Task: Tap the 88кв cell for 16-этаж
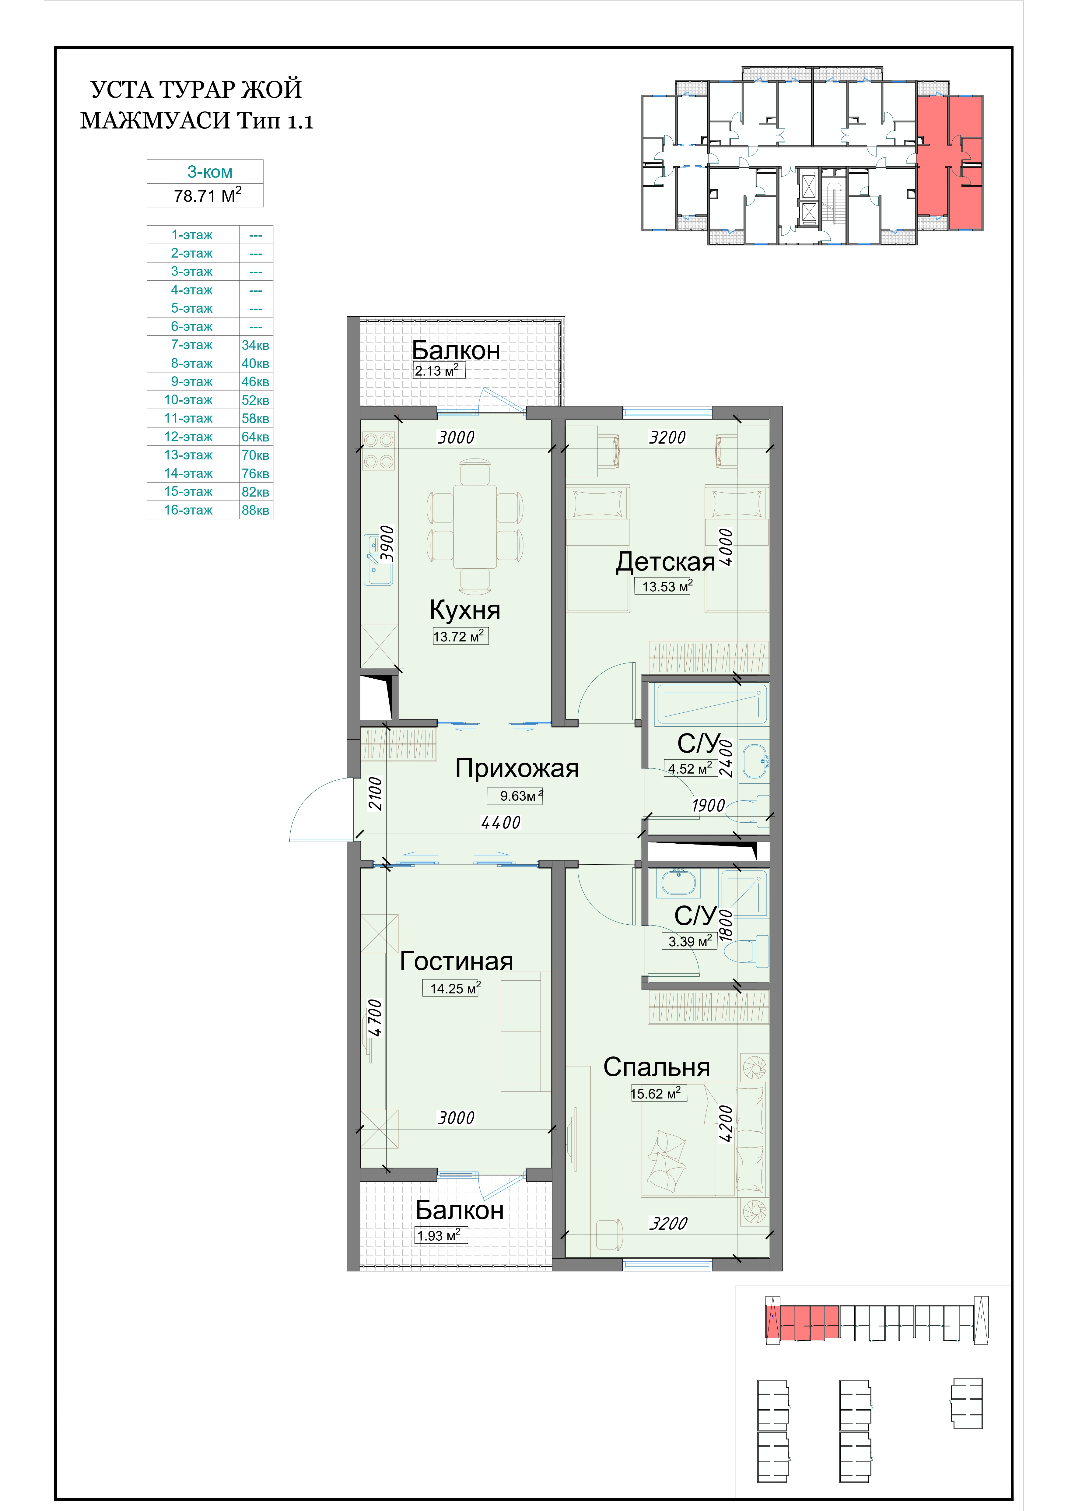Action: pos(255,510)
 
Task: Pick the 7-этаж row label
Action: pos(192,345)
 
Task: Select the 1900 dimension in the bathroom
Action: pos(708,806)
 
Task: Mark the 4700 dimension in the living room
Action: pos(375,1018)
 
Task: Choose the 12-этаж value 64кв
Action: pos(255,437)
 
